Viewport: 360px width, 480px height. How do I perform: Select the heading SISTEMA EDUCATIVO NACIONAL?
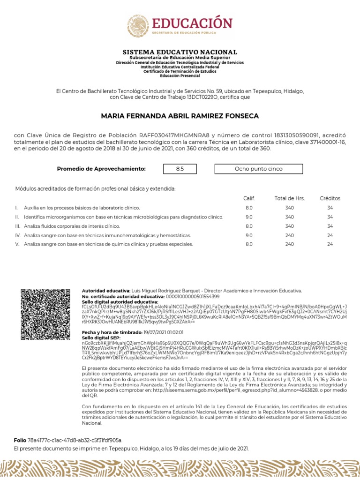[180, 52]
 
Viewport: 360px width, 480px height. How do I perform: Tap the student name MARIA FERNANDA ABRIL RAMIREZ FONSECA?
[180, 116]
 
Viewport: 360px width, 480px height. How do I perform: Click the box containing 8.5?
[180, 169]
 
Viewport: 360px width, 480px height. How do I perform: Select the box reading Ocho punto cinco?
[258, 169]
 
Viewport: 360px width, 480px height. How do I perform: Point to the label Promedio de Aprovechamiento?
[101, 169]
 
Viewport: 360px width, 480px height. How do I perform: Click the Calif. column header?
[249, 198]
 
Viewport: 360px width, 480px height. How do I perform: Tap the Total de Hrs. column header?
[289, 198]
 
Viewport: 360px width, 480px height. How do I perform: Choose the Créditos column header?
[330, 198]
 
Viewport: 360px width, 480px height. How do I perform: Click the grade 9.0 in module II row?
[249, 217]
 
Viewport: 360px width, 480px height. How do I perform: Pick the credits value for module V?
[330, 244]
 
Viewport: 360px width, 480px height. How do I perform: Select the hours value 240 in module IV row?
[289, 235]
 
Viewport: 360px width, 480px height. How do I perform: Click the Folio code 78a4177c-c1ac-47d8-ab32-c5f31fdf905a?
[75, 440]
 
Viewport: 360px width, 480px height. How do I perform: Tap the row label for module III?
[72, 226]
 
